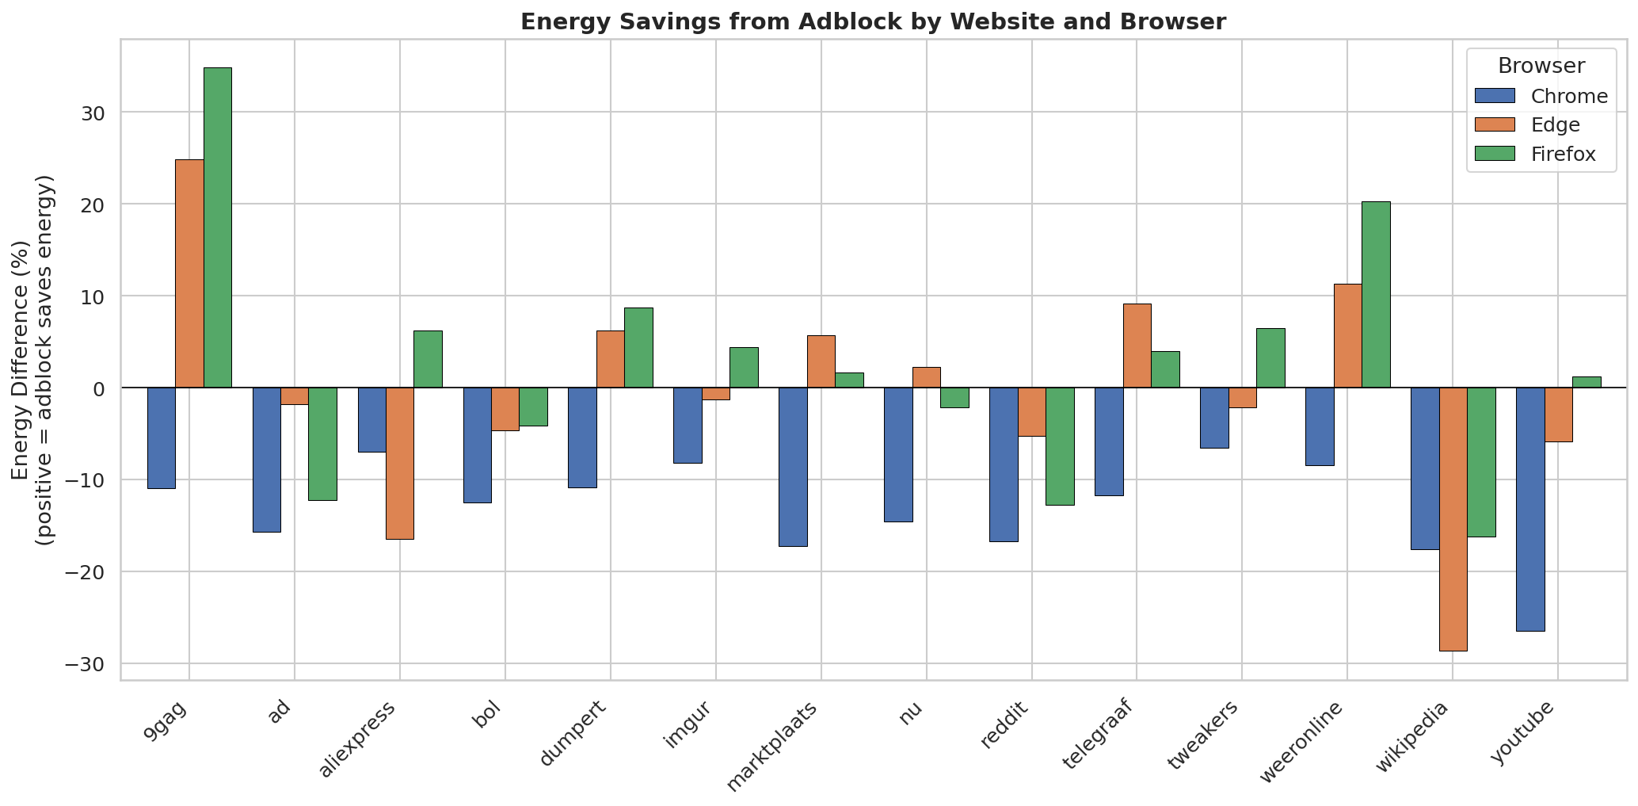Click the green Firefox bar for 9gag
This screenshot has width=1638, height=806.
coord(218,227)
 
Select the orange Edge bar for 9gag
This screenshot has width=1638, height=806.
coord(189,273)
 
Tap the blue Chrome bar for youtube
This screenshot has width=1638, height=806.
coord(1530,509)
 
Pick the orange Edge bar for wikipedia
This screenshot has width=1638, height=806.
coord(1453,519)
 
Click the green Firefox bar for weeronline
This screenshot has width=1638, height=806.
coord(1376,295)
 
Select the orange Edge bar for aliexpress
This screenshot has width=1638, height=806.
coord(400,463)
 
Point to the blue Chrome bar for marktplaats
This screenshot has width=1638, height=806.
coord(793,467)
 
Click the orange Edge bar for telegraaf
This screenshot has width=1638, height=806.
coord(1137,346)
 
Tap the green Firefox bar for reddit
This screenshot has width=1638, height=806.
coord(1060,446)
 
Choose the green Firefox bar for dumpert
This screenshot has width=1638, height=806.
coord(638,348)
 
